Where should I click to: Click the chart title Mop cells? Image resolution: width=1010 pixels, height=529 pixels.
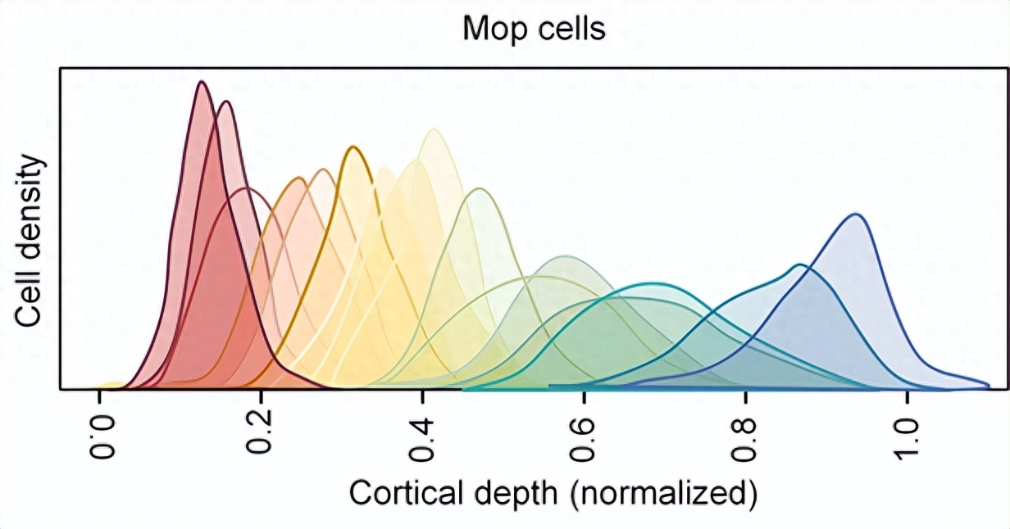(x=534, y=29)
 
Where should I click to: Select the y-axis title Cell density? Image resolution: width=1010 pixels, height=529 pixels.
(x=30, y=241)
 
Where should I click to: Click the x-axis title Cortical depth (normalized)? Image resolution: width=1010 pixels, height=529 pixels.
(x=553, y=494)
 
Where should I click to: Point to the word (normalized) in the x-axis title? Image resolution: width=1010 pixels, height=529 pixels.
(x=663, y=495)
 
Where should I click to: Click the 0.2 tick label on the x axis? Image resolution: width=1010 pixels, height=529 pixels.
(x=259, y=432)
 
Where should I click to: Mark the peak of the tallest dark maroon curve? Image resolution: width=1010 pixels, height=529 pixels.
(x=202, y=82)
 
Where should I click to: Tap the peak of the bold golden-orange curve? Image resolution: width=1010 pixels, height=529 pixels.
(x=354, y=147)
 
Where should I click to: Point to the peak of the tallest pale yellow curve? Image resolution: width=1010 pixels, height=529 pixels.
(x=434, y=129)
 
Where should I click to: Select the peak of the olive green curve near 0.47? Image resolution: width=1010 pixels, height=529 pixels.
(x=480, y=188)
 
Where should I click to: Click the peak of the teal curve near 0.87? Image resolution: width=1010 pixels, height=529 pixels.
(x=801, y=264)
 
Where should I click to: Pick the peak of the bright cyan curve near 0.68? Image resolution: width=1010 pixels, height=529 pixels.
(x=649, y=283)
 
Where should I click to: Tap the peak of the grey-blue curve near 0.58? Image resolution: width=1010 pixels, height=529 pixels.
(x=566, y=256)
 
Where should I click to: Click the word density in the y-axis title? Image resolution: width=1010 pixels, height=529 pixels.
(x=30, y=212)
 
